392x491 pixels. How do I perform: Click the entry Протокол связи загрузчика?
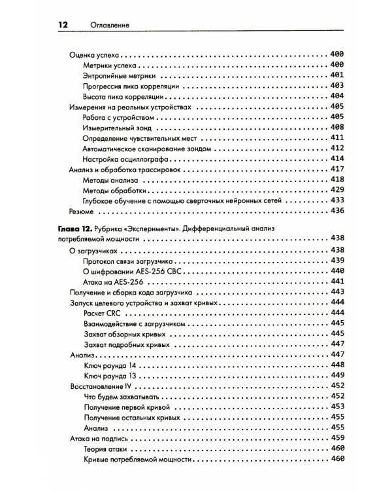pos(133,261)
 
